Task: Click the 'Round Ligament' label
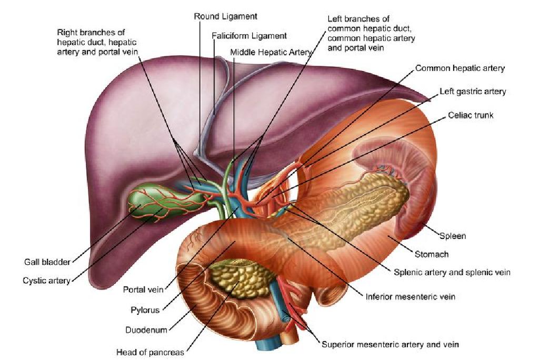pyautogui.click(x=225, y=16)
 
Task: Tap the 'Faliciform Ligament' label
pyautogui.click(x=249, y=36)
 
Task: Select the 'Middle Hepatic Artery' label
pyautogui.click(x=271, y=52)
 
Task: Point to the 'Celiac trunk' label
pyautogui.click(x=471, y=115)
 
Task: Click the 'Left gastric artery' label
pyautogui.click(x=473, y=92)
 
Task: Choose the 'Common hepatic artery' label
pyautogui.click(x=460, y=68)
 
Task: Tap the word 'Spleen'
pyautogui.click(x=453, y=236)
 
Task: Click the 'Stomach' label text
pyautogui.click(x=432, y=254)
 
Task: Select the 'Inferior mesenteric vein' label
pyautogui.click(x=411, y=297)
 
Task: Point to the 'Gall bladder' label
pyautogui.click(x=47, y=262)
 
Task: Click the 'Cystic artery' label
pyautogui.click(x=46, y=281)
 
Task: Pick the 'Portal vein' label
pyautogui.click(x=143, y=289)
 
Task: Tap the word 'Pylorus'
pyautogui.click(x=145, y=310)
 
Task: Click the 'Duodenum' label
pyautogui.click(x=146, y=330)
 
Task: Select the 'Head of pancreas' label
pyautogui.click(x=150, y=352)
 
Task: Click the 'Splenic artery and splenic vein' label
pyautogui.click(x=452, y=272)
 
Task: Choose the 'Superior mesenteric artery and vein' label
pyautogui.click(x=390, y=345)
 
